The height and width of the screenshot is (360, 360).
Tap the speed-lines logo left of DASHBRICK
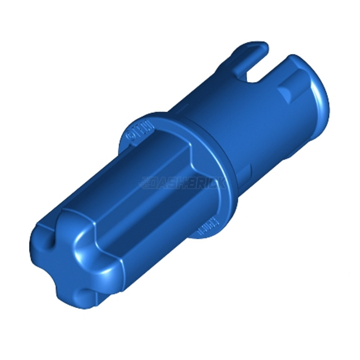(148, 183)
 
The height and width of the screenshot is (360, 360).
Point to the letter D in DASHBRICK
(159, 183)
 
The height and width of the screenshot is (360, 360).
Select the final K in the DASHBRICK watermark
(221, 183)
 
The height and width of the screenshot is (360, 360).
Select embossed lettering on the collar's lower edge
(205, 228)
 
